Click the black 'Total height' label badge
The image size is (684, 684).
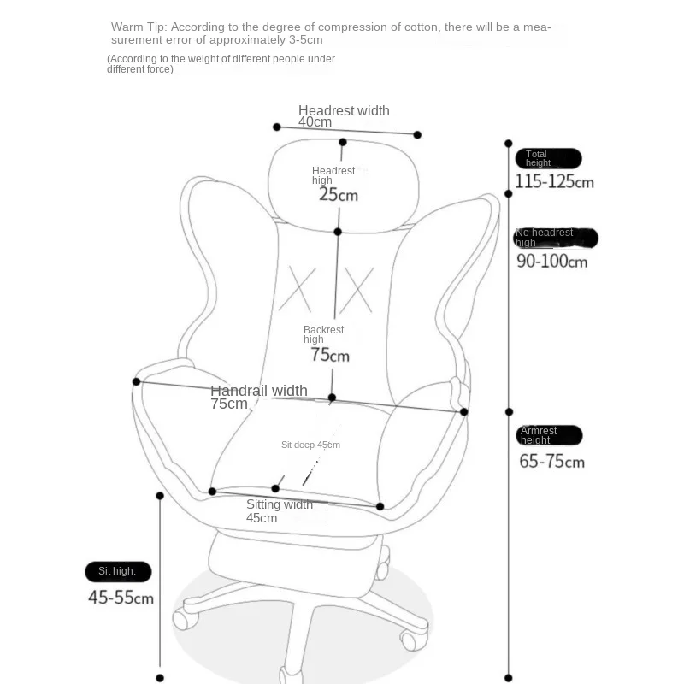click(548, 158)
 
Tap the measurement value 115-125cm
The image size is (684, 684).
click(554, 181)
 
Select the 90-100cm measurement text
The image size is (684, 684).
click(552, 261)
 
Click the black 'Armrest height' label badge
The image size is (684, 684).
click(549, 435)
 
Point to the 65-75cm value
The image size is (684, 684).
click(552, 462)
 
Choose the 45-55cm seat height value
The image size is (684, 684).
click(121, 597)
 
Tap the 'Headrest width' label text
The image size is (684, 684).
click(344, 110)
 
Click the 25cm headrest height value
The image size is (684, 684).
click(339, 194)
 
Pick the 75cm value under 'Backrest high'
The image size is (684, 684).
click(330, 355)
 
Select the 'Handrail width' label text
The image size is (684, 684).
click(259, 391)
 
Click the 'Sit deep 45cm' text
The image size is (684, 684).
click(310, 445)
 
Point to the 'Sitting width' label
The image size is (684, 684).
click(280, 504)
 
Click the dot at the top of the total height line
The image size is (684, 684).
click(509, 144)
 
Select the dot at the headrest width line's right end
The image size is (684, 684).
click(417, 134)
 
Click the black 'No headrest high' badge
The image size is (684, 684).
click(556, 238)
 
